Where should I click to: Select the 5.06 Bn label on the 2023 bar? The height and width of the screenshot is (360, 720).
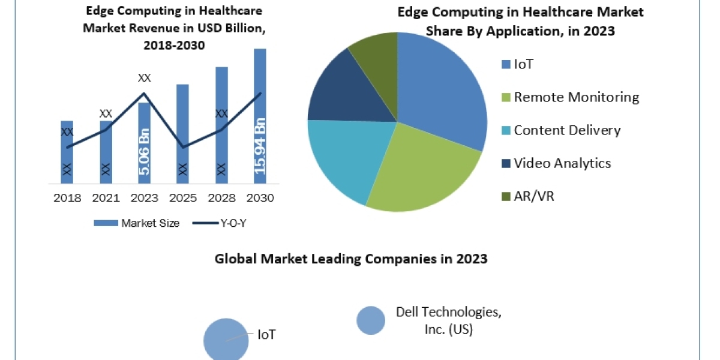pos(145,152)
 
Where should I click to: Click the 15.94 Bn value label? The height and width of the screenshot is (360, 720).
pos(260,146)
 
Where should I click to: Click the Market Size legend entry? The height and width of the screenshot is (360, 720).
pos(137,223)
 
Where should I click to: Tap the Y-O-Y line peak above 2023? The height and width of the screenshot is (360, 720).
pos(144,93)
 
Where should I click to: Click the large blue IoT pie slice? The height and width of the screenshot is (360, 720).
pos(444,90)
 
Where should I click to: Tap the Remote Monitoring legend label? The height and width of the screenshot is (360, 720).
pos(576,97)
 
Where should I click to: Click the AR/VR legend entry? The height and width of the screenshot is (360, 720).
pos(534,196)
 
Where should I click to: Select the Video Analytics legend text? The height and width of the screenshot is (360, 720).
pos(562,163)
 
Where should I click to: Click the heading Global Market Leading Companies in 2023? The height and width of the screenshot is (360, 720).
pos(351,259)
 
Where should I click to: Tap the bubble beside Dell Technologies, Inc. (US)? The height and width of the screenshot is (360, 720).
pos(371,320)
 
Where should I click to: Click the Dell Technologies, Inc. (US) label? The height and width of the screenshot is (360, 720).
pos(448,321)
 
